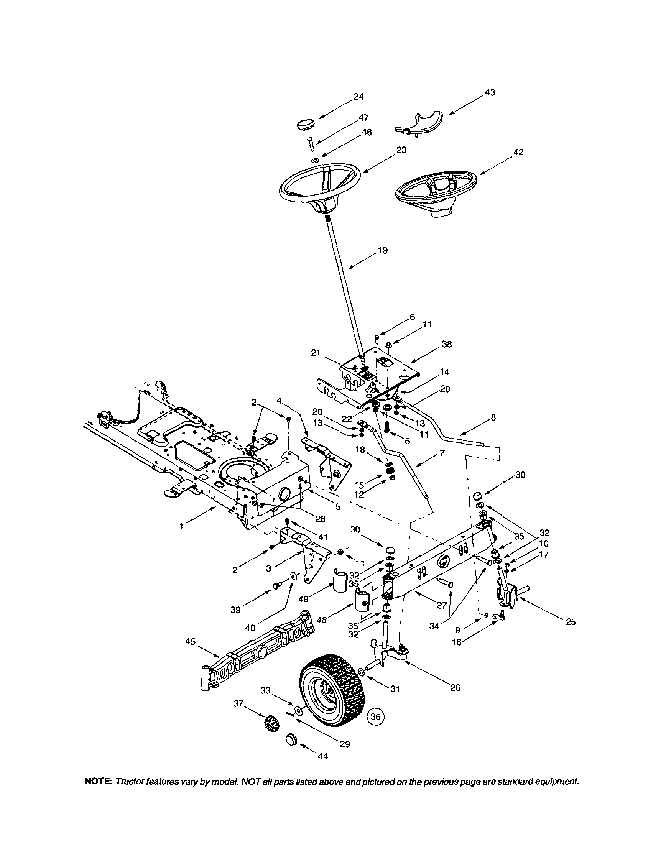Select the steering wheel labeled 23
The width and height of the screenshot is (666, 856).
pyautogui.click(x=319, y=186)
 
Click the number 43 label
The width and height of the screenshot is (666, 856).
pyautogui.click(x=490, y=92)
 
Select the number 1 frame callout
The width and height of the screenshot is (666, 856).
pyautogui.click(x=181, y=527)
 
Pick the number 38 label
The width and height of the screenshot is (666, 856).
pyautogui.click(x=446, y=345)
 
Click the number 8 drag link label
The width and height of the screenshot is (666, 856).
pyautogui.click(x=493, y=418)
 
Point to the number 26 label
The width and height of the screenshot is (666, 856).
pyautogui.click(x=455, y=687)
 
